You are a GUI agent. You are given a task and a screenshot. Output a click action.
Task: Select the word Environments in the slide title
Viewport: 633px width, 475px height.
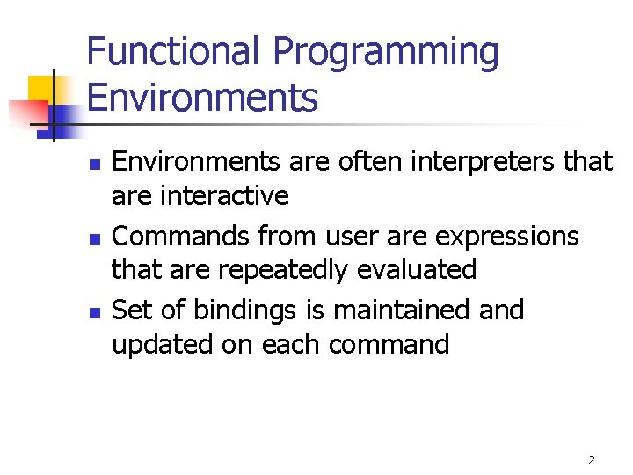[x=202, y=97]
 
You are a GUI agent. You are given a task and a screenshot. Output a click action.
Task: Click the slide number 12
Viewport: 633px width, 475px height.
[x=588, y=460]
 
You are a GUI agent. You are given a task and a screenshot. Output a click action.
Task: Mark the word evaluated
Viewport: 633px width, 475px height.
[x=417, y=269]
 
